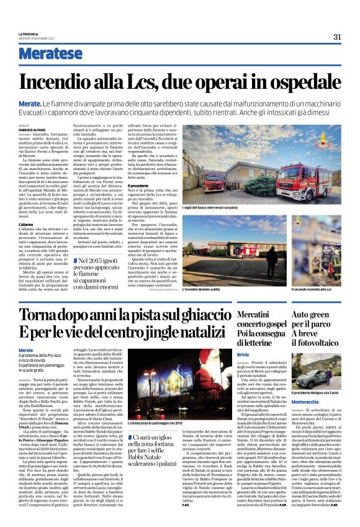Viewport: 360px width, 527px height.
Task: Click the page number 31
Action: tap(336, 37)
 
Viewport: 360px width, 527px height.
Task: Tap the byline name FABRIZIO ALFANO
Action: tap(30, 128)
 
